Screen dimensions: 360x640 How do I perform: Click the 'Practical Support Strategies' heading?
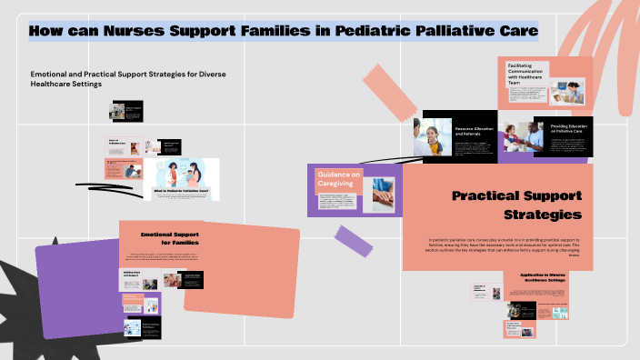click(x=516, y=205)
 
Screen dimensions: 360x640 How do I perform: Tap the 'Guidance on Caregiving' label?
click(x=338, y=179)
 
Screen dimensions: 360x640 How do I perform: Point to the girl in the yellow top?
click(x=432, y=138)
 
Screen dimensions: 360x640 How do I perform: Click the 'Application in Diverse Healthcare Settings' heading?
click(x=543, y=277)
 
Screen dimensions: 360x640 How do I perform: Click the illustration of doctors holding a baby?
click(x=182, y=172)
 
